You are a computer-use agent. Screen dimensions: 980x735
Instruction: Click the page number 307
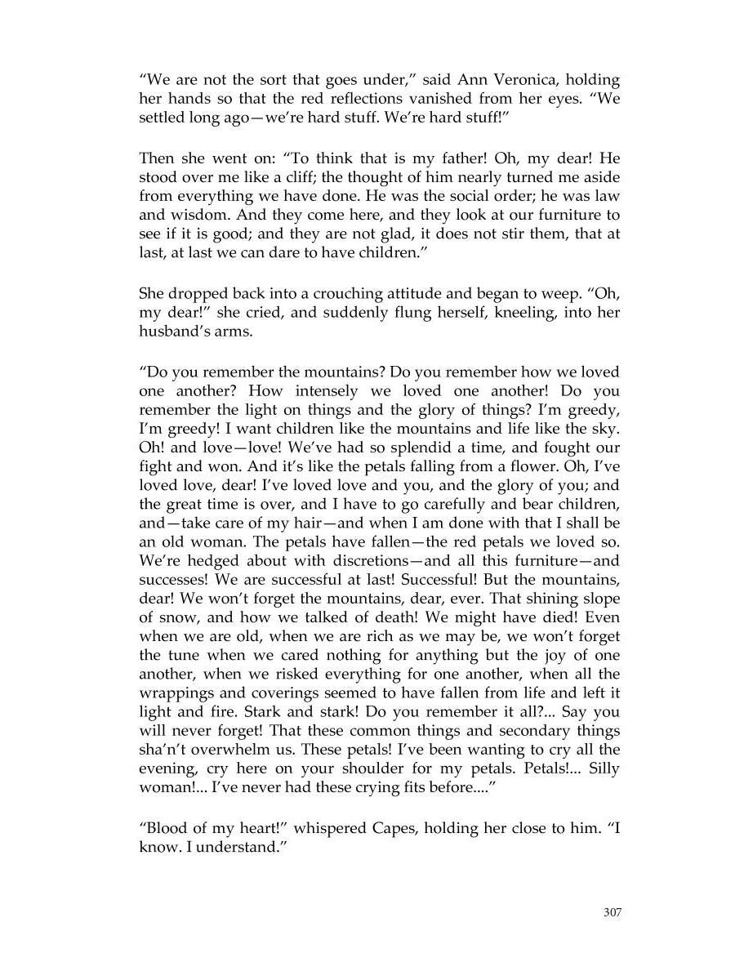coord(612,912)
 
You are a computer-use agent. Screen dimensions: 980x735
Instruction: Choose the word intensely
coord(335,392)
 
